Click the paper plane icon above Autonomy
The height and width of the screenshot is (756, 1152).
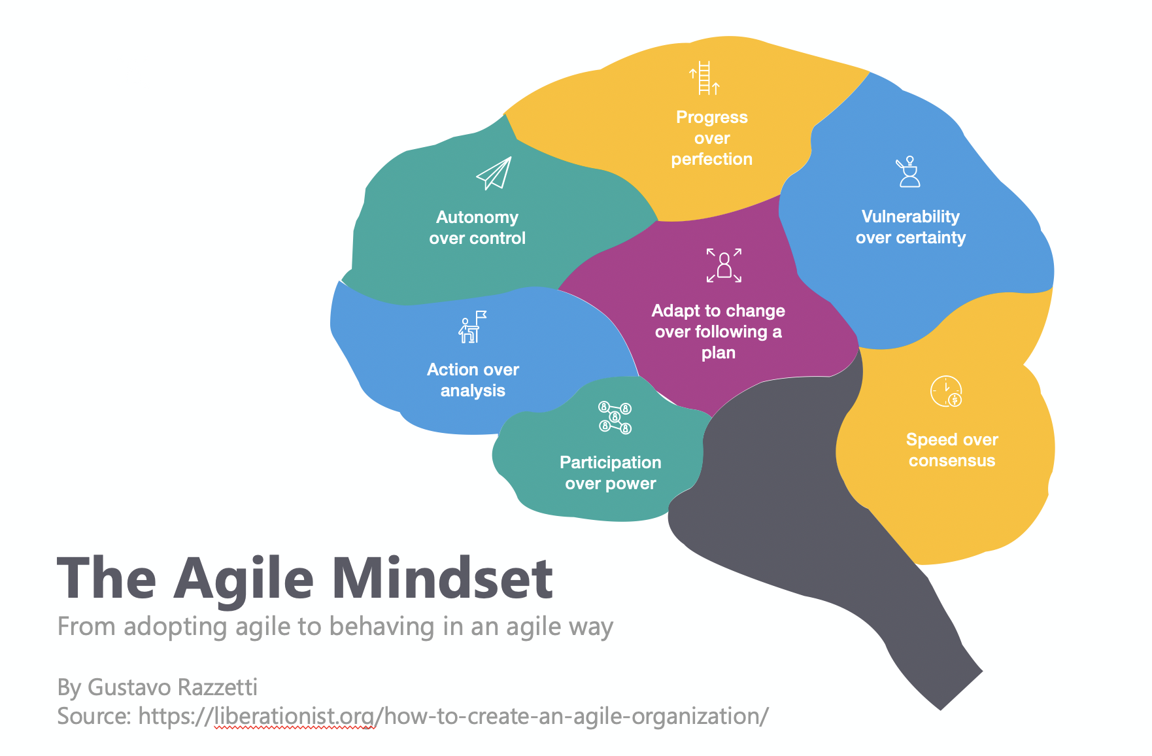point(494,173)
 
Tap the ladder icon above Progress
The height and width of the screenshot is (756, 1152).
point(705,78)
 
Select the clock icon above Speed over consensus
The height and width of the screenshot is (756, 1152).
point(946,391)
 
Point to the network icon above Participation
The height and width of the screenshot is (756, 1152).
point(615,417)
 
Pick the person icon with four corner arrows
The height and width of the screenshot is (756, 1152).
point(724,265)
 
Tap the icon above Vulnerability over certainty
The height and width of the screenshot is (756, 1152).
point(908,171)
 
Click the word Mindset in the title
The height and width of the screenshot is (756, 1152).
point(443,578)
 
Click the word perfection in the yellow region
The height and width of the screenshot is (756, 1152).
point(711,160)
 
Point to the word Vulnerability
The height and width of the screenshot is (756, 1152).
point(910,216)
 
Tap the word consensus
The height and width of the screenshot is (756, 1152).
point(952,461)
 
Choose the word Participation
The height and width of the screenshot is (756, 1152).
point(611,463)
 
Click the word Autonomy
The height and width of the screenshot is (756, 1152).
point(477,218)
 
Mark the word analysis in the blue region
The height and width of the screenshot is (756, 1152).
point(473,391)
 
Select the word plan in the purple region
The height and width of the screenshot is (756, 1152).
point(719,353)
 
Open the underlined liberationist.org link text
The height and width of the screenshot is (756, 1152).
point(295,717)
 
